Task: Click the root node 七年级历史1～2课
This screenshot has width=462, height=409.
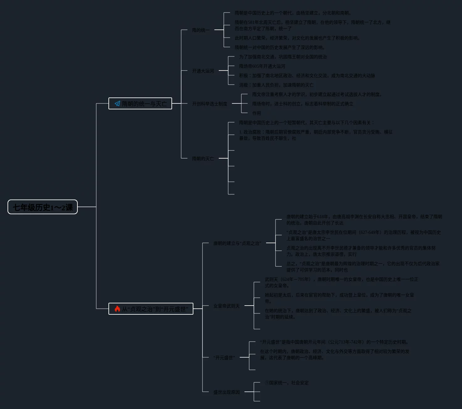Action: pos(43,207)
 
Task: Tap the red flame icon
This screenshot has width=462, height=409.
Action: pos(117,309)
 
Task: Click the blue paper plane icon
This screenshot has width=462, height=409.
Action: pos(117,104)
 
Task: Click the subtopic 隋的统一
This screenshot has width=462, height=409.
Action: pos(201,30)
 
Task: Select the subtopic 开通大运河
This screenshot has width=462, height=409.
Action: pos(203,71)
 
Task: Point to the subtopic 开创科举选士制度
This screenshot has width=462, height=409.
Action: pos(209,104)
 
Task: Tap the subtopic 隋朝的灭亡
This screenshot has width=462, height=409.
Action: pos(203,159)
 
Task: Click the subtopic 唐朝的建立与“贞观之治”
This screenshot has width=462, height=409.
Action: pos(237,243)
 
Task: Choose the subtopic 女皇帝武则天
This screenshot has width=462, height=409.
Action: pos(226,306)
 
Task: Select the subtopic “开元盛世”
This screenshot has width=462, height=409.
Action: pos(224,358)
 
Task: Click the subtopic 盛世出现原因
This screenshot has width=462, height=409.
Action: pos(226,392)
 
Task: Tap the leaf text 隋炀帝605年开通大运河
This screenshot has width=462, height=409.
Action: pos(262,66)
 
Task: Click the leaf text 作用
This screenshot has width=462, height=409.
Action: pos(256,113)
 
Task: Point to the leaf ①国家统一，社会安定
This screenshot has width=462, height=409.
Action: pos(286,383)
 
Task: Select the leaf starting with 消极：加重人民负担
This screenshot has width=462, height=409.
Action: pos(276,85)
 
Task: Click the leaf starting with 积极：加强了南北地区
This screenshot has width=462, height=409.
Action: pos(307,76)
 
